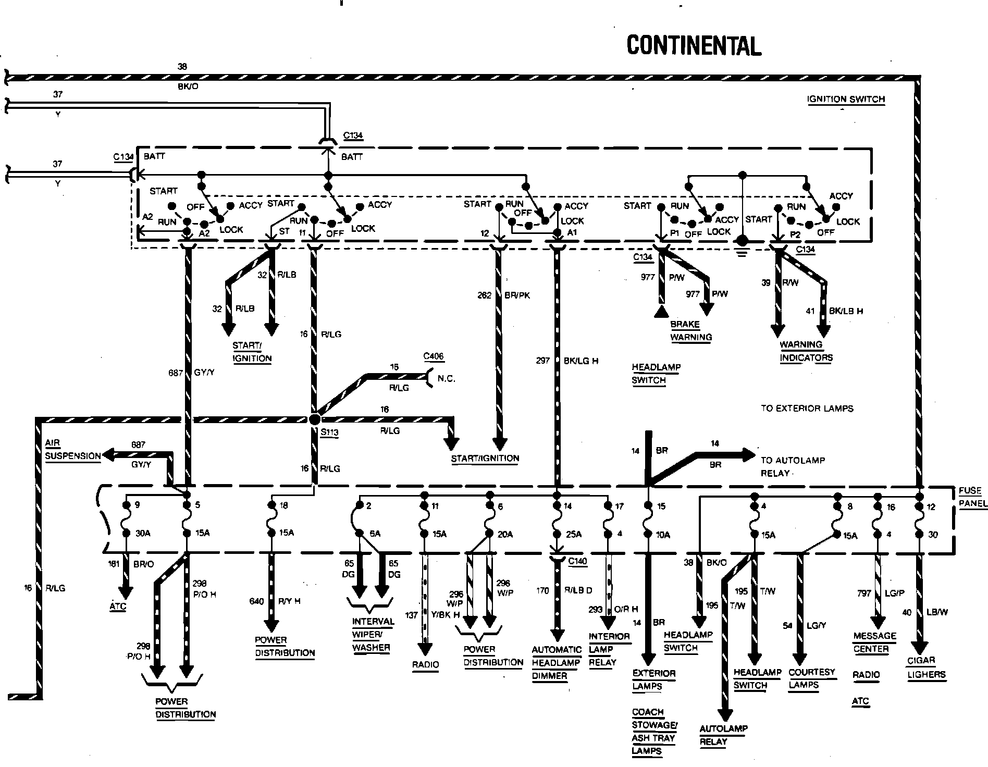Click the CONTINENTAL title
pyautogui.click(x=694, y=45)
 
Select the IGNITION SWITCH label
pyautogui.click(x=846, y=99)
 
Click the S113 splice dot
pyautogui.click(x=314, y=419)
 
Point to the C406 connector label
pyautogui.click(x=433, y=356)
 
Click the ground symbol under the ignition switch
pyautogui.click(x=742, y=248)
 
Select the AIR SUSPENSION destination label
pyautogui.click(x=73, y=450)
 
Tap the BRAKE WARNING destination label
pyautogui.click(x=691, y=330)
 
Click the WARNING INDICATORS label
pyautogui.click(x=806, y=351)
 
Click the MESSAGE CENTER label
pyautogui.click(x=874, y=642)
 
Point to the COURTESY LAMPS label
pyautogui.click(x=811, y=678)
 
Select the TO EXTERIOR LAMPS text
pyautogui.click(x=807, y=408)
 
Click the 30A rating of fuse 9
pyautogui.click(x=141, y=533)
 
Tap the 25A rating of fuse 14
pyautogui.click(x=574, y=534)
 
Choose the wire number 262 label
pyautogui.click(x=484, y=295)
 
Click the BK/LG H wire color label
pyautogui.click(x=581, y=360)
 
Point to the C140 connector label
pyautogui.click(x=577, y=561)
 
